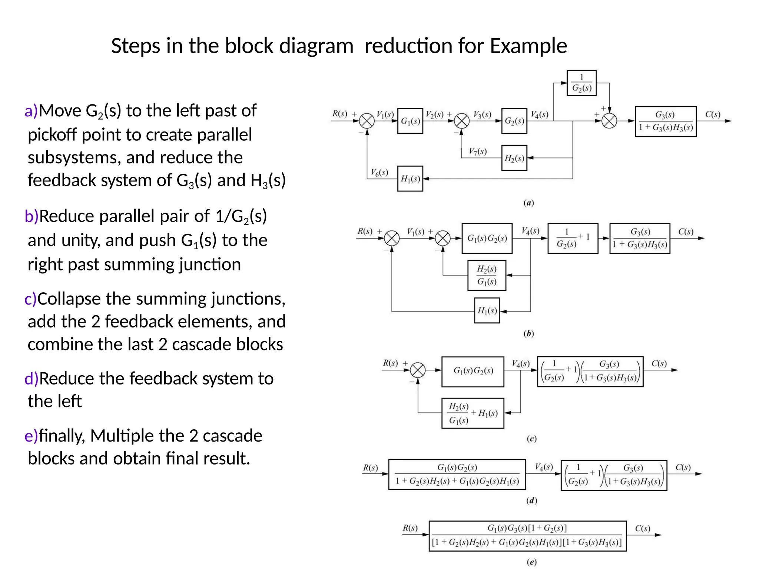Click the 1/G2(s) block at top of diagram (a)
click(x=581, y=83)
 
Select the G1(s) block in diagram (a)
click(x=410, y=121)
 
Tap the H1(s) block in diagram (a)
click(x=410, y=179)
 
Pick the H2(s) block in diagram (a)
click(x=514, y=158)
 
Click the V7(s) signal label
click(x=477, y=151)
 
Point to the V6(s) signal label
click(x=379, y=172)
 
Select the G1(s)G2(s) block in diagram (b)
click(x=487, y=239)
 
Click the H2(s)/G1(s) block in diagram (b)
click(x=487, y=275)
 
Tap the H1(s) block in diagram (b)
click(x=487, y=310)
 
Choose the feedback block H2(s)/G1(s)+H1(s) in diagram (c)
click(x=473, y=413)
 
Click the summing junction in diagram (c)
click(x=418, y=370)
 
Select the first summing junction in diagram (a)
click(x=367, y=121)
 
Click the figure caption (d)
click(x=531, y=501)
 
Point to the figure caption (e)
click(x=531, y=562)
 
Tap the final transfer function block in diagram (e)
click(x=527, y=536)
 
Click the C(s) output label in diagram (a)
click(x=712, y=114)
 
